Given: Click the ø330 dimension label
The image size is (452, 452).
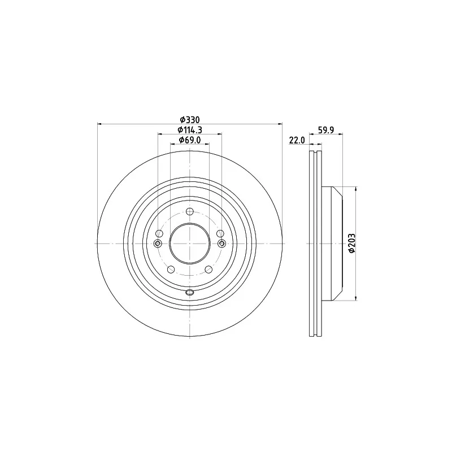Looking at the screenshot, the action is (190, 120).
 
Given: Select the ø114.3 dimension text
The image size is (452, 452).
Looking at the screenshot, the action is (190, 130).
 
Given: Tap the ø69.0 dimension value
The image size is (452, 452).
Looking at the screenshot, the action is (190, 140).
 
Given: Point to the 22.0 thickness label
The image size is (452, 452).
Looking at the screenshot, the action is (297, 140).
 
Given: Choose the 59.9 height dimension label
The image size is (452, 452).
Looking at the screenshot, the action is (326, 131).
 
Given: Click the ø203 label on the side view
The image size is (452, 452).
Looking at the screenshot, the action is (351, 244).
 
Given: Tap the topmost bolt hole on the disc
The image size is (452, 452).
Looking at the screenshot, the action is (190, 212).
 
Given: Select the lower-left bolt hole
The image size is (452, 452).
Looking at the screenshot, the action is (171, 270).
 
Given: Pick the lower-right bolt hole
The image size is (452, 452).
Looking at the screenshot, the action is (208, 270).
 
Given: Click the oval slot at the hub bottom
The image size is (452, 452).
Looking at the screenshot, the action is (189, 293).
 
